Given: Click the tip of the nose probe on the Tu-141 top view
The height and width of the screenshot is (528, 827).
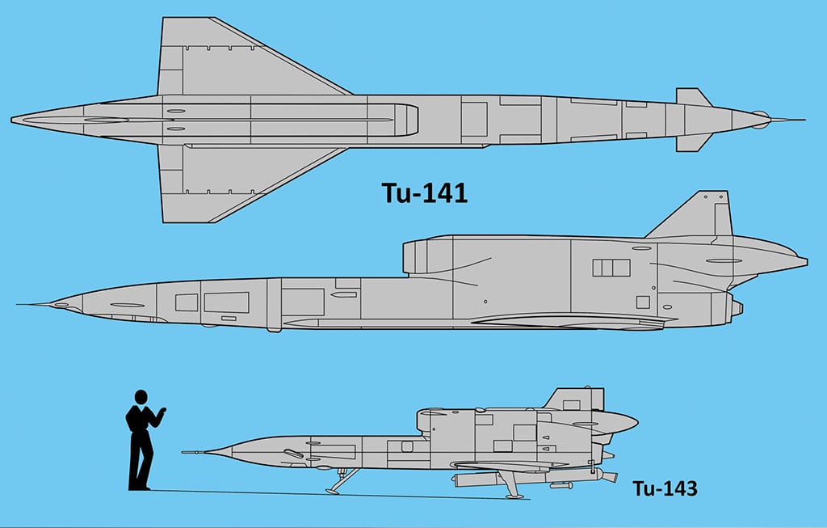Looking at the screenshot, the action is tap(805, 120).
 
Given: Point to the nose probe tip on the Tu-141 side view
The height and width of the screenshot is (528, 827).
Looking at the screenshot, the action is tap(16, 304).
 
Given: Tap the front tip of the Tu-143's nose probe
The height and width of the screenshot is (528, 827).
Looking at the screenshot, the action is tap(182, 453).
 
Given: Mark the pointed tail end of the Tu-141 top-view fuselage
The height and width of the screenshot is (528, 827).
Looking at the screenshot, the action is tap(11, 120).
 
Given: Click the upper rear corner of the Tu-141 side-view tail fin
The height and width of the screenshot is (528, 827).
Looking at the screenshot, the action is tap(727, 191).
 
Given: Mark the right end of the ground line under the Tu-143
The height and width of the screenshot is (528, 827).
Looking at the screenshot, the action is tap(529, 499).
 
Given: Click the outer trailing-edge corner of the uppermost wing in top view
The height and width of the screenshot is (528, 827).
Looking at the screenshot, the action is tap(163, 18).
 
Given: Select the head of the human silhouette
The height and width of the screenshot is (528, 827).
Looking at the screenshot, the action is tap(141, 397).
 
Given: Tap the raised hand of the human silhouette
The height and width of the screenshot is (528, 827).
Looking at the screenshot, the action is tap(162, 410).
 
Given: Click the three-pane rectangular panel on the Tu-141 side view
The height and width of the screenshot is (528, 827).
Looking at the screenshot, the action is tap(611, 268).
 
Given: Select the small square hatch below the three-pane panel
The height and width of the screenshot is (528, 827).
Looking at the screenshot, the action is tap(643, 302).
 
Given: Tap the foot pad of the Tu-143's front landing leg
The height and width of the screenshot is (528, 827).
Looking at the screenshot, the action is tap(332, 492).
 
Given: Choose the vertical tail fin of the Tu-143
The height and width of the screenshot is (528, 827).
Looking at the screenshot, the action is tap(576, 399).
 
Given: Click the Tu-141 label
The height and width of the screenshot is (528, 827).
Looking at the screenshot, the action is tap(425, 193).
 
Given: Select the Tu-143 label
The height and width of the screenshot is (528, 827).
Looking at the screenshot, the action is tap(665, 488).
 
